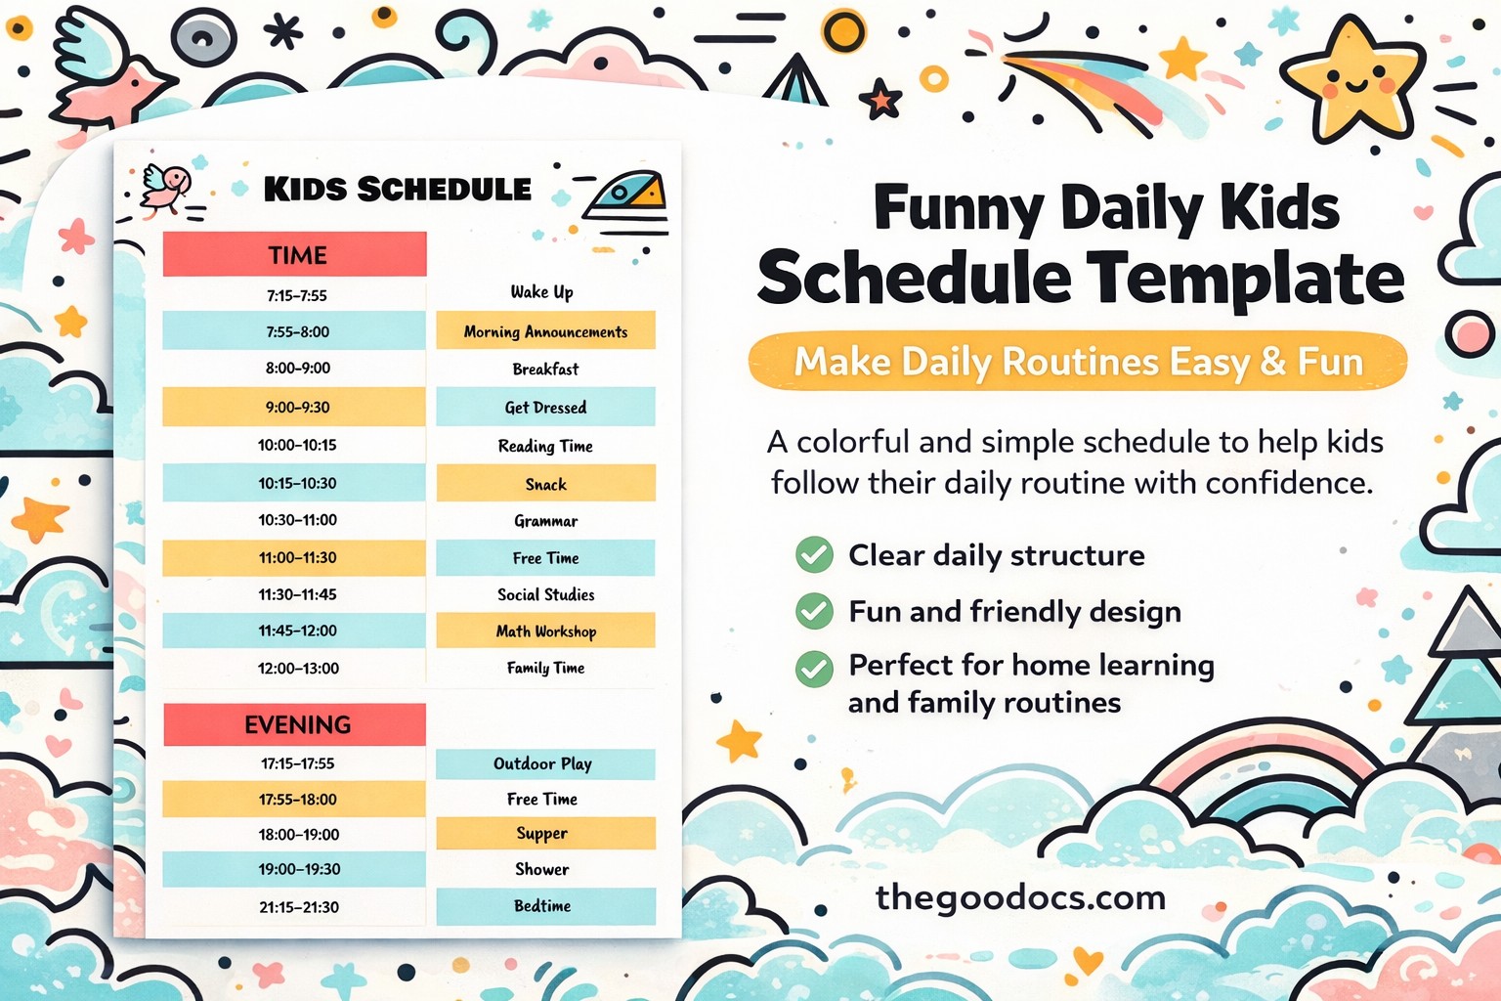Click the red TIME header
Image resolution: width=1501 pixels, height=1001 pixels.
[x=295, y=254]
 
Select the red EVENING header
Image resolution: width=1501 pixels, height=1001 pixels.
[x=295, y=724]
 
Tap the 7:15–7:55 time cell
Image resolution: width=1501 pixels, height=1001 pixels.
[x=296, y=295]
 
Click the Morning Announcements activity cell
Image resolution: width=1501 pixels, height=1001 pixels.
[x=545, y=330]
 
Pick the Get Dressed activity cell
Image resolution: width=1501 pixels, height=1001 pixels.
[x=545, y=407]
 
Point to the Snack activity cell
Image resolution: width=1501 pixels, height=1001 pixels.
[x=545, y=484]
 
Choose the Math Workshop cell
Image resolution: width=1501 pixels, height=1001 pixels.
[x=545, y=631]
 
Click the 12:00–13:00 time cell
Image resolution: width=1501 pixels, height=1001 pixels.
[x=298, y=668]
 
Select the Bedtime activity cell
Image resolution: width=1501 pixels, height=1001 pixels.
[x=545, y=906]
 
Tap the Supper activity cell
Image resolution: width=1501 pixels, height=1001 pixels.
[x=545, y=834]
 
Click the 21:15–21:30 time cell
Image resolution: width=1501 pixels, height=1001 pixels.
[x=299, y=907]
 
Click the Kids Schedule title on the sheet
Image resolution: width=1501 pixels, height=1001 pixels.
[x=398, y=189]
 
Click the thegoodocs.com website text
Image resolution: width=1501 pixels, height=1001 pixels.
[x=1020, y=897]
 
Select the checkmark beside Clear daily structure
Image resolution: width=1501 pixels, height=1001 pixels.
[x=814, y=554]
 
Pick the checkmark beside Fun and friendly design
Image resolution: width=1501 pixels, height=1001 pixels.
[x=814, y=611]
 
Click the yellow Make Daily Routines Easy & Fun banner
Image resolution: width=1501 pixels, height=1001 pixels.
[x=1078, y=362]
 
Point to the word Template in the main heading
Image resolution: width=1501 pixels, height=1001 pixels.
[x=1245, y=278]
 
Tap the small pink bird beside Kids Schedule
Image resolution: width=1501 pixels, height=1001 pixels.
[x=166, y=189]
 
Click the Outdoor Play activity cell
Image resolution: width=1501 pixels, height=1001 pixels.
[x=545, y=763]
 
